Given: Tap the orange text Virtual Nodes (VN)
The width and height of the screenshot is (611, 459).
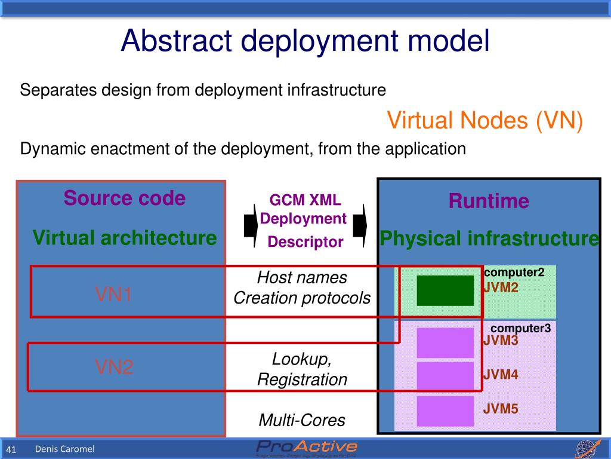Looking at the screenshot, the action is pyautogui.click(x=485, y=121).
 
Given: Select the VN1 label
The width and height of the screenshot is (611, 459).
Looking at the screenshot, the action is pyautogui.click(x=113, y=294).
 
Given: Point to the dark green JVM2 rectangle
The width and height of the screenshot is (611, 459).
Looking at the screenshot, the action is pyautogui.click(x=445, y=290).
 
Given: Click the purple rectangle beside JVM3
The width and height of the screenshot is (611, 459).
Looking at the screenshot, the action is pyautogui.click(x=445, y=342).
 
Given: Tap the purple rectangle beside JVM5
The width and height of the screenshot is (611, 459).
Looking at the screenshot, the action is pyautogui.click(x=445, y=411).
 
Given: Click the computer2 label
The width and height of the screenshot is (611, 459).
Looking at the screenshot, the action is pyautogui.click(x=514, y=273).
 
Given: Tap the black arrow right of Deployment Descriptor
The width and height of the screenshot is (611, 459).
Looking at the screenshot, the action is pyautogui.click(x=360, y=225).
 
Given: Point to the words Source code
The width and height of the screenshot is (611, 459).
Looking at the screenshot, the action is pyautogui.click(x=124, y=198).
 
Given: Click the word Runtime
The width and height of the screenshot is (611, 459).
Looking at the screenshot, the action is pyautogui.click(x=489, y=201).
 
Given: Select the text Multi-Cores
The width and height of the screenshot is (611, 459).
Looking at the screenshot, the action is pyautogui.click(x=302, y=420).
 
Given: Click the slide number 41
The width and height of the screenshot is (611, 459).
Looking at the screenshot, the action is pyautogui.click(x=11, y=450).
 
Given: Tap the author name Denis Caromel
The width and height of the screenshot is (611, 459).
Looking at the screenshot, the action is pyautogui.click(x=64, y=449).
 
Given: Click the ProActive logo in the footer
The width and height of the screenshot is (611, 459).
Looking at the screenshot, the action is pyautogui.click(x=307, y=448).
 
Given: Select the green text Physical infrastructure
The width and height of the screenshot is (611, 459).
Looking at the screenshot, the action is pyautogui.click(x=489, y=239).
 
